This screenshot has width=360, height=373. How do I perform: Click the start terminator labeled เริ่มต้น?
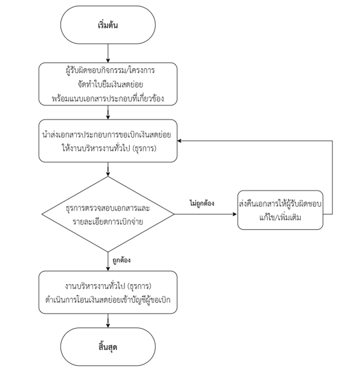(x=108, y=25)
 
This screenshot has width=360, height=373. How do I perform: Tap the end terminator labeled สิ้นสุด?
(x=108, y=347)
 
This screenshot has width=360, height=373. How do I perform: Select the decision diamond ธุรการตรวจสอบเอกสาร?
(x=108, y=214)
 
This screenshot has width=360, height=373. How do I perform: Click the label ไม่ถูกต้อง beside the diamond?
(x=202, y=203)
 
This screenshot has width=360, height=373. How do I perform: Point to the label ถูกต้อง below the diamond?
(x=121, y=260)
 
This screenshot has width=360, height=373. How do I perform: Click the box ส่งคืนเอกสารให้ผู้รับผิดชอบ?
(x=280, y=210)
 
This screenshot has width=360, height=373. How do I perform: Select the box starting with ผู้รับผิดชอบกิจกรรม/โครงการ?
(x=108, y=84)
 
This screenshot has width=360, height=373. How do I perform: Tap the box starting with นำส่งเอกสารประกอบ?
(x=108, y=141)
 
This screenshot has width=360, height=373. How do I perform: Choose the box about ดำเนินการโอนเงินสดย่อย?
(x=108, y=292)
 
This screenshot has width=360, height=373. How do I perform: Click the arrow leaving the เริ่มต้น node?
(x=108, y=53)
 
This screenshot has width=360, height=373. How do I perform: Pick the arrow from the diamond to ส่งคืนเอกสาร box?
(x=206, y=214)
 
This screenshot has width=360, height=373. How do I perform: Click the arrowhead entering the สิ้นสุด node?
(x=108, y=325)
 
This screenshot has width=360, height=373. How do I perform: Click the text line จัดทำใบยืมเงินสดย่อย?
(x=111, y=84)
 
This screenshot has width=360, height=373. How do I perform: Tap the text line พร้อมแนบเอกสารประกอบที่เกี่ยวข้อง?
(x=108, y=98)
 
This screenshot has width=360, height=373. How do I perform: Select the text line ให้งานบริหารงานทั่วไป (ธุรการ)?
(x=109, y=148)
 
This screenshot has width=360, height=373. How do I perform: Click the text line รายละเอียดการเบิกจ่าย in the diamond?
(x=108, y=222)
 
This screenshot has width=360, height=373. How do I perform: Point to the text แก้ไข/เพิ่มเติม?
(x=280, y=217)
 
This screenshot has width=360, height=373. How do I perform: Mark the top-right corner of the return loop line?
(x=332, y=141)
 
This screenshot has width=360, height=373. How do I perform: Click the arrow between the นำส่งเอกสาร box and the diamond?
(x=108, y=170)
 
